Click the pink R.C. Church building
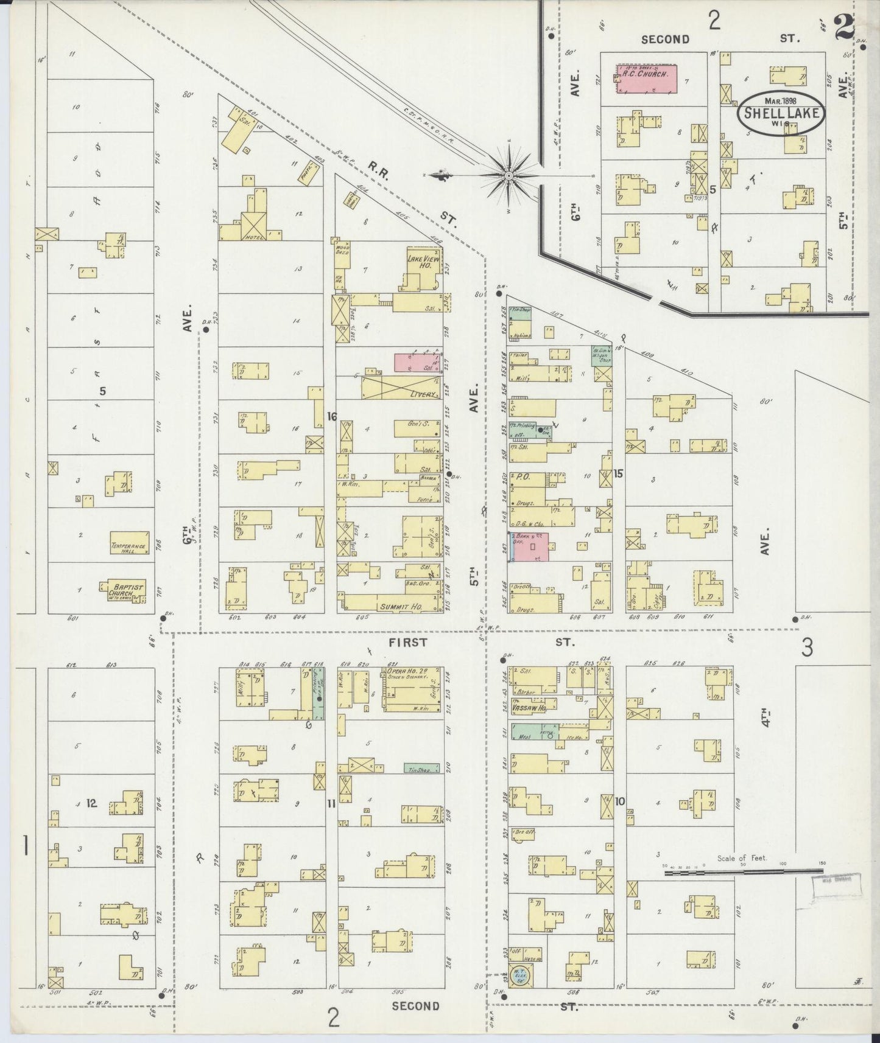click(646, 78)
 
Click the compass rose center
click(509, 176)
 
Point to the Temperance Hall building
click(128, 547)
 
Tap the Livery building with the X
click(401, 388)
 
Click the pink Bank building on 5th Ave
click(530, 546)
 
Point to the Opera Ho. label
click(402, 671)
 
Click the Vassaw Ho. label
click(528, 710)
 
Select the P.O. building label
click(523, 476)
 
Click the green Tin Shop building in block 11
click(421, 769)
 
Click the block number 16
click(331, 416)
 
